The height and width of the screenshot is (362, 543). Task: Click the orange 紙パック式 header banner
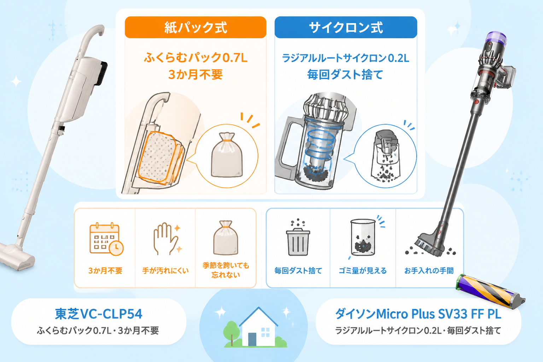195,27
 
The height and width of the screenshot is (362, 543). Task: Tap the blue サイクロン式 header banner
346,27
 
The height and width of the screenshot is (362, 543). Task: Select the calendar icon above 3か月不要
106,239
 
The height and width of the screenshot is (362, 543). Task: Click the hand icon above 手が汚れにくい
167,239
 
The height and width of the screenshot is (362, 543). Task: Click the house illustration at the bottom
258,327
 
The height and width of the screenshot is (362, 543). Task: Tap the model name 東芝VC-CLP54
99,314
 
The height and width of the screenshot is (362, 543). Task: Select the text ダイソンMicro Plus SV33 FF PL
418,314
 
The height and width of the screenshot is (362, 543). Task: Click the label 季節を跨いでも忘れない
226,270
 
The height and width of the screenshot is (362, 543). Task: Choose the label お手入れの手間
429,270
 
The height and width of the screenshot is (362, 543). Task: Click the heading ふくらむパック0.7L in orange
195,58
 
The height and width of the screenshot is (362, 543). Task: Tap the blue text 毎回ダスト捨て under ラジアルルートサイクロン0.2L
345,75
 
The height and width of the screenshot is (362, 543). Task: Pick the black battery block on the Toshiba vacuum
102,73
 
